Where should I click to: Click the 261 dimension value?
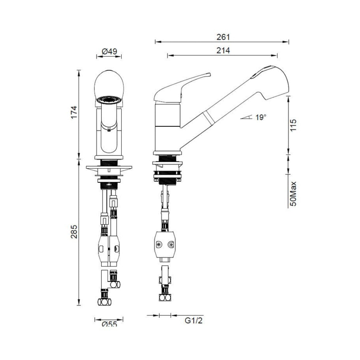(223, 37)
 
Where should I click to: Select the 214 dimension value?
(223, 51)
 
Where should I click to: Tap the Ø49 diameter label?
(109, 51)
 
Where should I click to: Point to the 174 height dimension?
(74, 112)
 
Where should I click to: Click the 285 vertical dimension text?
(74, 232)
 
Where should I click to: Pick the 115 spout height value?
(293, 125)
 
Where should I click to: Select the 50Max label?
(293, 194)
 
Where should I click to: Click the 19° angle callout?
(261, 117)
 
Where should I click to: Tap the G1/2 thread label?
(194, 320)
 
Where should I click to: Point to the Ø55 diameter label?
(109, 324)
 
